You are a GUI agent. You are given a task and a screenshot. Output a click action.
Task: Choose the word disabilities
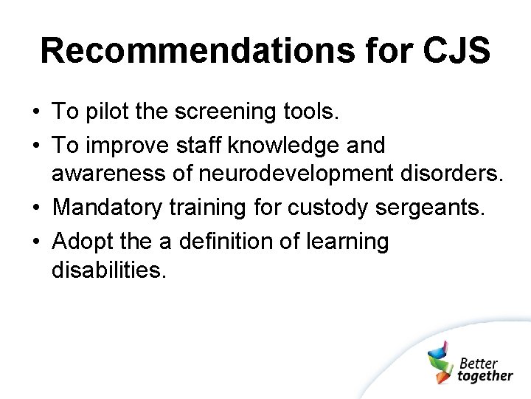[x=109, y=270]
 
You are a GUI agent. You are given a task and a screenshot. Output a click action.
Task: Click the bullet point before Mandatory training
[x=35, y=208]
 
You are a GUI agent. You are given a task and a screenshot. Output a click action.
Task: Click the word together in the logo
[x=485, y=376]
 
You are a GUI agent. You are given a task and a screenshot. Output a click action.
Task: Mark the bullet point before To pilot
[x=35, y=112]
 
